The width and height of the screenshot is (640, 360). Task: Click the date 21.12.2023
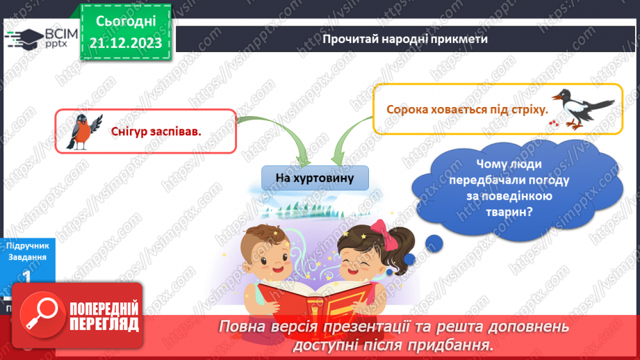click(126, 44)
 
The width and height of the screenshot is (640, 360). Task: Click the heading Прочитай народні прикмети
click(405, 38)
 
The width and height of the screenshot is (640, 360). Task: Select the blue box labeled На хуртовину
click(315, 179)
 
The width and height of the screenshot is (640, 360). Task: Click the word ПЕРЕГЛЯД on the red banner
click(104, 325)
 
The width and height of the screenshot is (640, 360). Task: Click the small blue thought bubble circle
click(434, 243)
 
